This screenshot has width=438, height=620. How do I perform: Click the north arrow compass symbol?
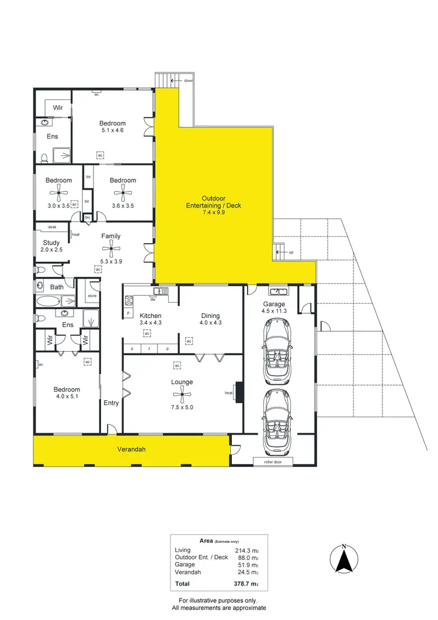[x=345, y=559]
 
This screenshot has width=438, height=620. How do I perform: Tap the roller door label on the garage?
[x=273, y=461]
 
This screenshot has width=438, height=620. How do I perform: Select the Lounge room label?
[x=182, y=382]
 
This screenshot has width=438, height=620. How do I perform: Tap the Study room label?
[x=51, y=242]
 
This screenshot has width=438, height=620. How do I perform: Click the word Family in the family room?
[x=111, y=236]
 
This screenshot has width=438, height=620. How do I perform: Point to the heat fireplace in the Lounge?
[x=238, y=393]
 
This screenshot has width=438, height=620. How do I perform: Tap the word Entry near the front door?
[x=111, y=403]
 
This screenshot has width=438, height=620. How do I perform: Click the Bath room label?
[x=57, y=287]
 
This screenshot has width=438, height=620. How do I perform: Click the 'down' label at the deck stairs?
[x=189, y=81]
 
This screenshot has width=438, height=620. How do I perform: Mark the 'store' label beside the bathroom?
[x=92, y=296]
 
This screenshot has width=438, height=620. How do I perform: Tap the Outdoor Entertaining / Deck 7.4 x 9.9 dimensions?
[x=213, y=213]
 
